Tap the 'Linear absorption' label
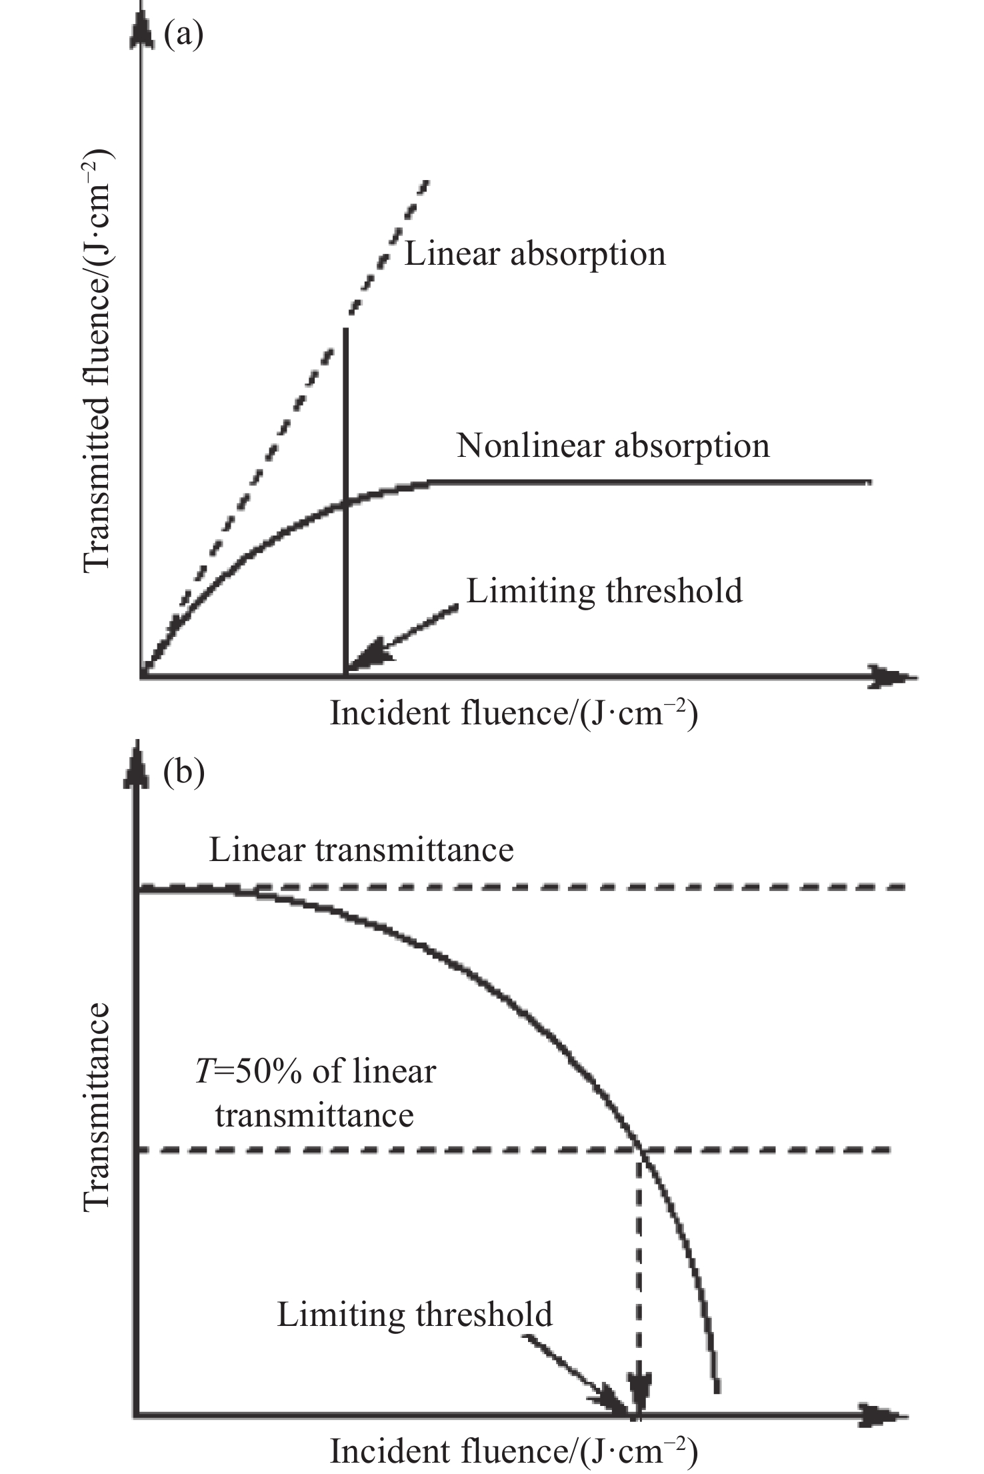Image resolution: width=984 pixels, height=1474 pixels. coord(535,254)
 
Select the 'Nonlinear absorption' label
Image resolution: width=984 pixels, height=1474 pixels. coord(613,446)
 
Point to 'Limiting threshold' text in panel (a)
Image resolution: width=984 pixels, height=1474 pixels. coord(604,591)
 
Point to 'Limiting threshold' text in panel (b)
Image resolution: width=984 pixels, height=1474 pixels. coord(415,1315)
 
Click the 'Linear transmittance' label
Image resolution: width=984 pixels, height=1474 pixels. coord(361,850)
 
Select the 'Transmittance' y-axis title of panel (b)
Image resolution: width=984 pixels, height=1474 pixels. coord(97,1107)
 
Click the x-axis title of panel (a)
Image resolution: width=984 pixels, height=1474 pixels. coord(513,714)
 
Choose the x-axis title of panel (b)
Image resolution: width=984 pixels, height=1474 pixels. coord(513,1451)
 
